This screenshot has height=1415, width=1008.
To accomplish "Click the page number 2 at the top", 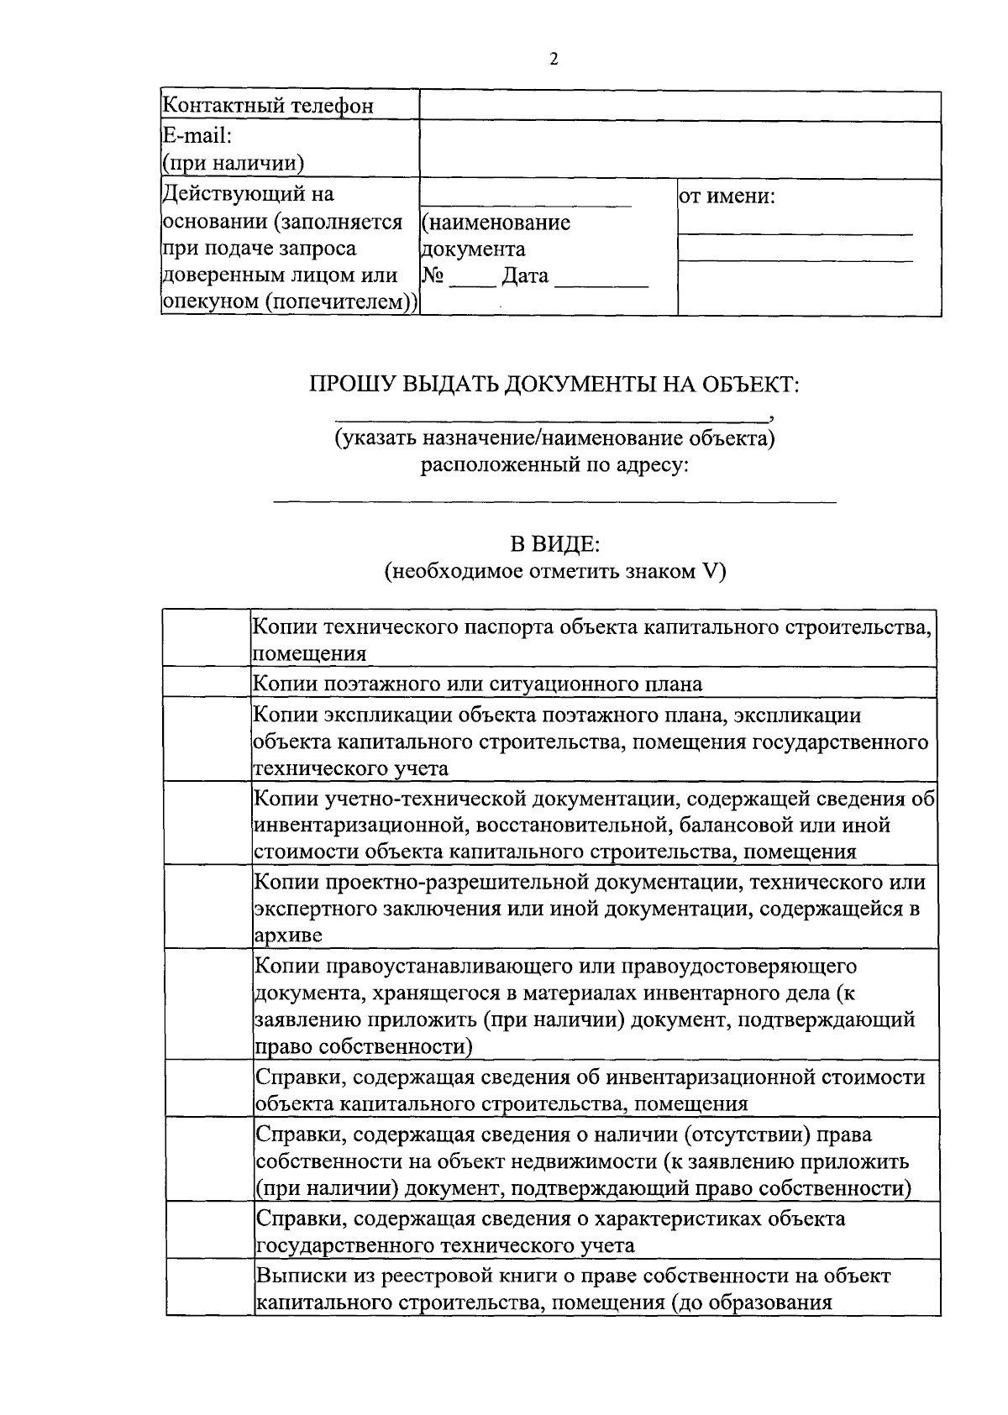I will [x=554, y=59].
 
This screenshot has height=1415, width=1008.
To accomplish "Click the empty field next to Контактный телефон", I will [x=680, y=107].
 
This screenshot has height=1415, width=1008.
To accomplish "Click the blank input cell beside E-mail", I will [x=680, y=149].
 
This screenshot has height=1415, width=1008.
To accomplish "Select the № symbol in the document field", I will [x=432, y=275].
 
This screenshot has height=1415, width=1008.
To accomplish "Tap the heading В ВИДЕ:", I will [x=554, y=545].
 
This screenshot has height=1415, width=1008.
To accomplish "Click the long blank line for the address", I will [x=554, y=500].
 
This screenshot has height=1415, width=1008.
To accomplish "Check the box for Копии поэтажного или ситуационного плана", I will [x=207, y=682].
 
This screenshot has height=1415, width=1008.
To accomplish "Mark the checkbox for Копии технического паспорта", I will [x=207, y=638].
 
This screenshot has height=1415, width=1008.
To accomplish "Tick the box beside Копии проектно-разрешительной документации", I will [x=207, y=907].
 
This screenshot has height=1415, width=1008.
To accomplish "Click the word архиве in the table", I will [x=288, y=935].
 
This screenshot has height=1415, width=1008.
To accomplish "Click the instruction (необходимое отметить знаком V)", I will [x=554, y=572].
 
